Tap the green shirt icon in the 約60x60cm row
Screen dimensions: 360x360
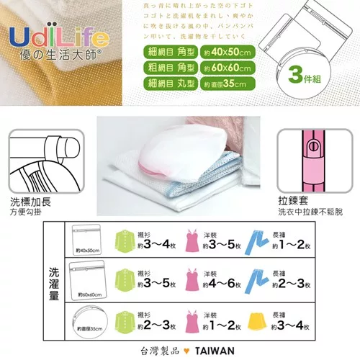pyautogui.click(x=123, y=279)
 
